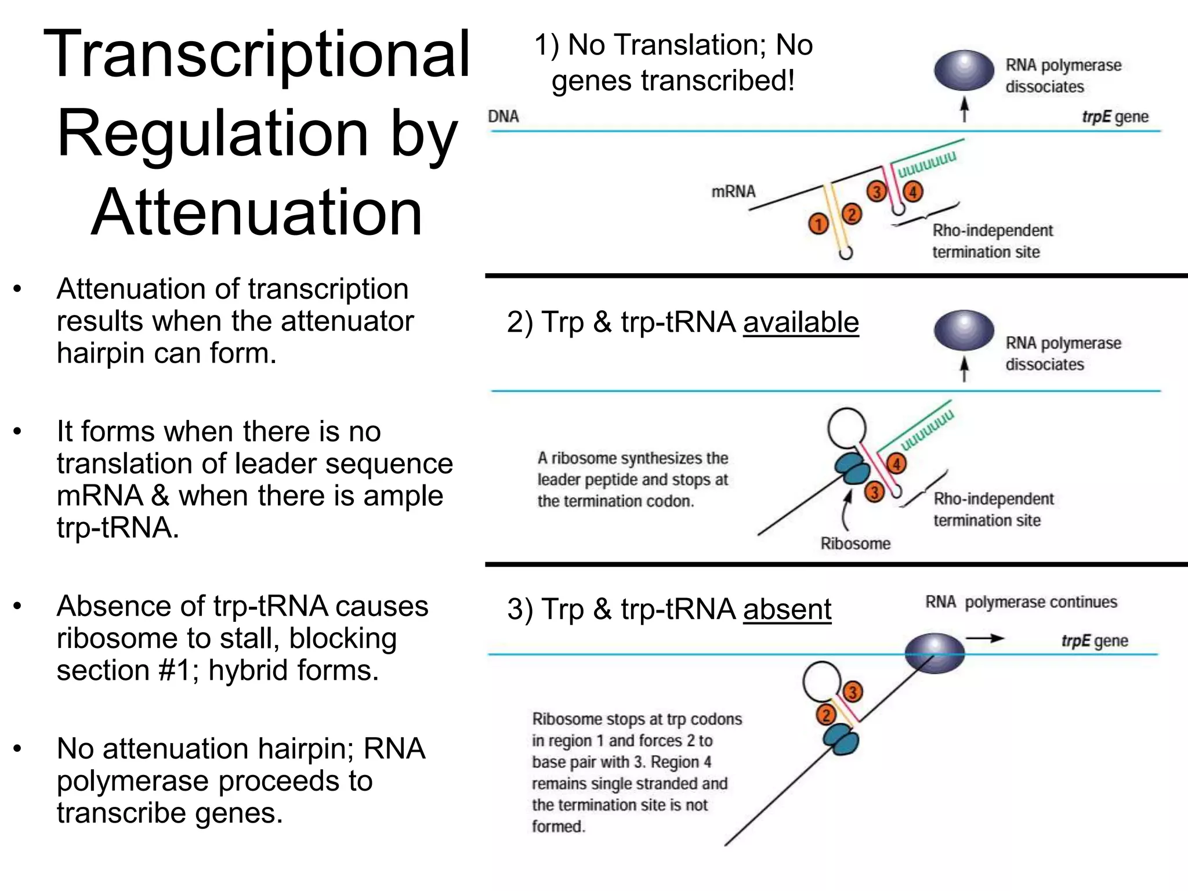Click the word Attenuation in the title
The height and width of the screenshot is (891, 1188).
(256, 213)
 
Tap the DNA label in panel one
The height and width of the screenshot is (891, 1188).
(503, 117)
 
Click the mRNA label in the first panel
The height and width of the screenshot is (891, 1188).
(733, 191)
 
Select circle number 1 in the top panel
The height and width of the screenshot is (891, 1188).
(818, 224)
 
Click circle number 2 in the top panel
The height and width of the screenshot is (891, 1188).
(852, 215)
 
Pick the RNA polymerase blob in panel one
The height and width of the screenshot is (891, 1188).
(964, 70)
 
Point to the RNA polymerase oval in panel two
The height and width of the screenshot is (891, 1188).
(964, 330)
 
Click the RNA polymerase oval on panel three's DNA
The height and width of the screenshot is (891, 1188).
(935, 653)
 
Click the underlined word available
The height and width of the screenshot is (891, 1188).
(801, 322)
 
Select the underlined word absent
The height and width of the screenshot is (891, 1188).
(787, 609)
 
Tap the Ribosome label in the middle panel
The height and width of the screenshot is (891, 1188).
(855, 544)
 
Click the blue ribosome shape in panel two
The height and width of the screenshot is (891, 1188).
(853, 469)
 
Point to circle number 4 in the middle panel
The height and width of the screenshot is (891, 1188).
(896, 463)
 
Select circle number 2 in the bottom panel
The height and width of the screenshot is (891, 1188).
(825, 715)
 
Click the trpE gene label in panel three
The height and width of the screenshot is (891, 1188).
(1094, 641)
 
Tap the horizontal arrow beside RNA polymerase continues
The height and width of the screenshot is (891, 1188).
(984, 639)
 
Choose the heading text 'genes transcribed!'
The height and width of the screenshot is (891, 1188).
(673, 81)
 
